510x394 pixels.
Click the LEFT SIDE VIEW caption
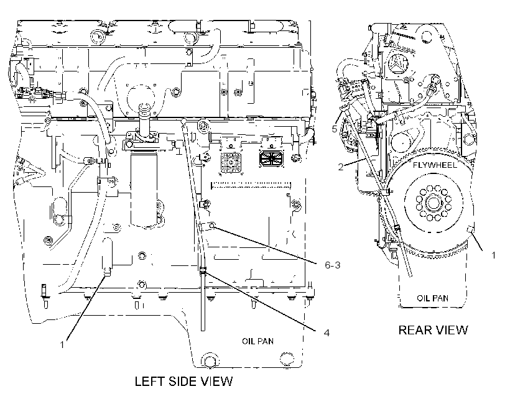click(183, 381)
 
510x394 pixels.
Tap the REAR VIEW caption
click(433, 330)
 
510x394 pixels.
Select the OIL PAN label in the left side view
click(257, 341)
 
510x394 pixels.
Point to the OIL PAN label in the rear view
click(432, 298)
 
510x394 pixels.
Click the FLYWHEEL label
click(435, 165)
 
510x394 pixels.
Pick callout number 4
click(327, 332)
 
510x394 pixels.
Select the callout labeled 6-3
click(332, 265)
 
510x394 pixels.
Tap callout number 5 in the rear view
click(335, 129)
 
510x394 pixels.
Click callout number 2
click(341, 167)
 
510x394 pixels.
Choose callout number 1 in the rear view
click(493, 255)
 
